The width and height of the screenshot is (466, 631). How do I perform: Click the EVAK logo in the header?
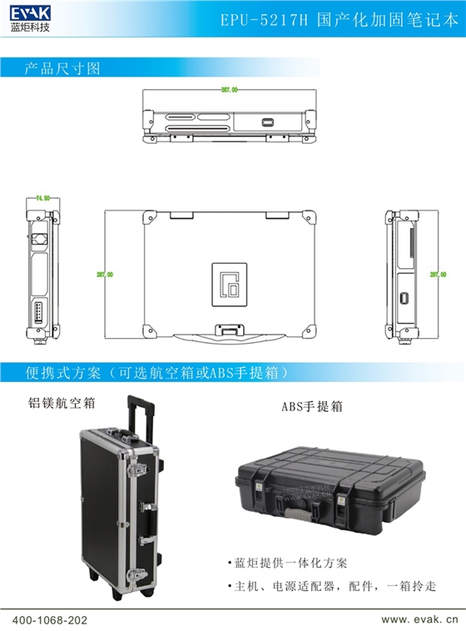(x=31, y=17)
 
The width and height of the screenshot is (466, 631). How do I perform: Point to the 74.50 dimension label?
(x=42, y=198)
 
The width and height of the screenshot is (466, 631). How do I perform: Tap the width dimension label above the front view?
(x=230, y=89)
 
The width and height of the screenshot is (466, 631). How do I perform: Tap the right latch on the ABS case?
(x=342, y=500)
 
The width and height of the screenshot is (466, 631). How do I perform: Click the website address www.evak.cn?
(x=419, y=620)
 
